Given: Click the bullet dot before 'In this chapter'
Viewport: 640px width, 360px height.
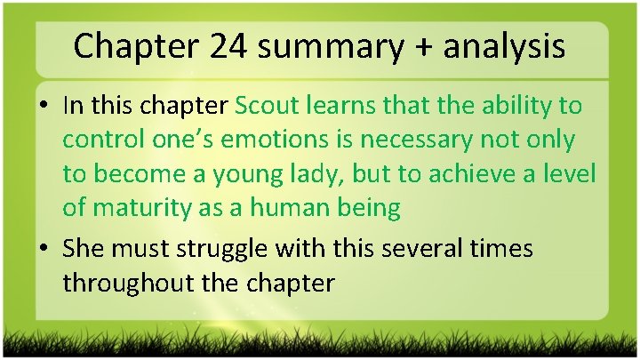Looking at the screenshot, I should click(x=45, y=107).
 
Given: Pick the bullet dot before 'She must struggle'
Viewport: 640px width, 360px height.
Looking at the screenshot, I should click(x=45, y=249).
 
